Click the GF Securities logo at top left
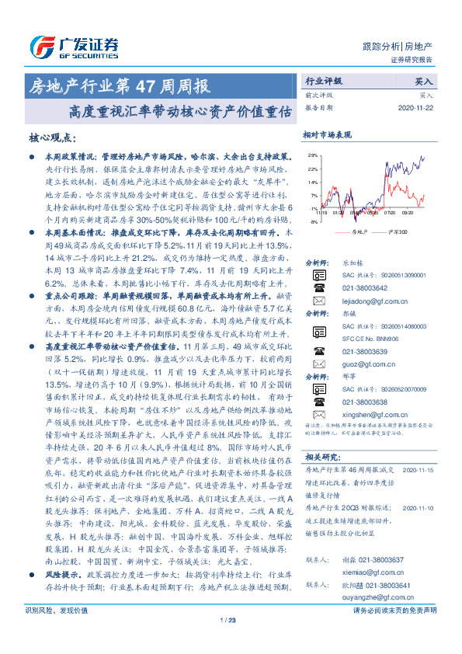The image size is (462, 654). pyautogui.click(x=74, y=44)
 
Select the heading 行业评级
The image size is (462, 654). pyautogui.click(x=323, y=80)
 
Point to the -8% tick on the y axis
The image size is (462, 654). pyautogui.click(x=311, y=222)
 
